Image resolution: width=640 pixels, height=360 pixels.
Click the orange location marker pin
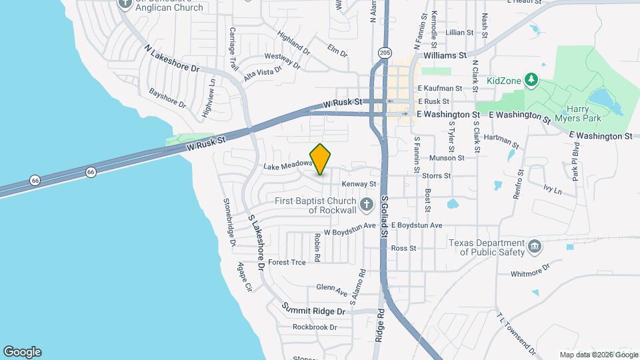pyautogui.click(x=321, y=159)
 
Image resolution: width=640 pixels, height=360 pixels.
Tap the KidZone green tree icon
pyautogui.click(x=531, y=81)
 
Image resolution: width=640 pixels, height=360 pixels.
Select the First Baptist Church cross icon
pyautogui.click(x=365, y=203)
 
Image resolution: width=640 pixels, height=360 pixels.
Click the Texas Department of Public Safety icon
pyautogui.click(x=534, y=247)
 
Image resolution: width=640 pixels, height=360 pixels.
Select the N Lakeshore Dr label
pyautogui.click(x=171, y=59)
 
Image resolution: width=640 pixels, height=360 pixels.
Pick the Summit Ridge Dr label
pyautogui.click(x=313, y=310)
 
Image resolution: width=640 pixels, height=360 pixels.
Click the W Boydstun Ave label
pyautogui.click(x=345, y=233)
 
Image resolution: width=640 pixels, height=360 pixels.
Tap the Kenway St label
pyautogui.click(x=359, y=183)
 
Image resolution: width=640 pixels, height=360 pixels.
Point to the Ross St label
pyautogui.click(x=403, y=248)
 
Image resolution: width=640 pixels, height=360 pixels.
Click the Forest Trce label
pyautogui.click(x=287, y=262)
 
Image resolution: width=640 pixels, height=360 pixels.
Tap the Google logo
pyautogui.click(x=22, y=352)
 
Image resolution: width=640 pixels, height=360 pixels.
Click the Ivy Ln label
pyautogui.click(x=553, y=191)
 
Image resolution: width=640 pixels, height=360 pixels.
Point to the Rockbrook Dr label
pyautogui.click(x=315, y=327)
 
